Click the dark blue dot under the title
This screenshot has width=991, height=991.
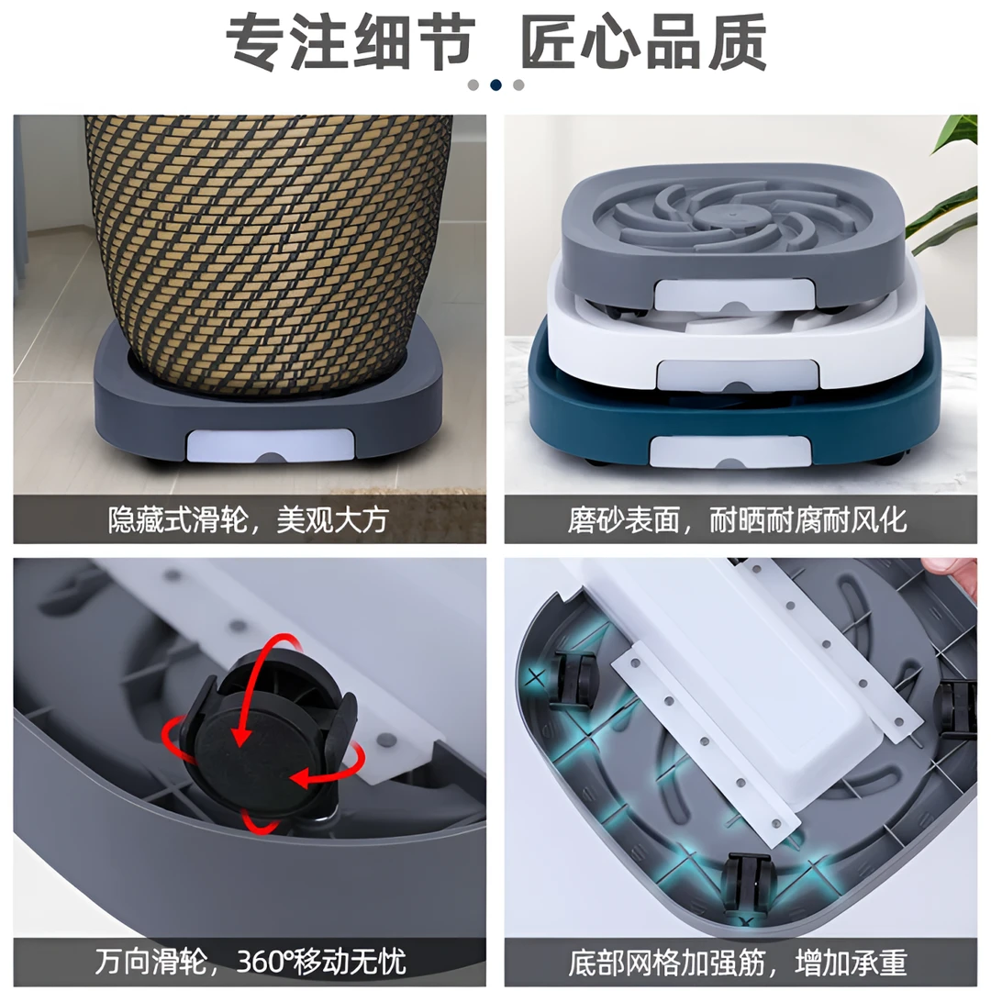(x=496, y=84)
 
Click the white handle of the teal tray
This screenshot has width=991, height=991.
(x=730, y=451)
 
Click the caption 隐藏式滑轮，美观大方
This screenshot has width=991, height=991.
(x=248, y=520)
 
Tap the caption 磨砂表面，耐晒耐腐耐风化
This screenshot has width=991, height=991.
(x=738, y=520)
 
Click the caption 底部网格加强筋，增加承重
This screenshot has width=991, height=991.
(x=738, y=963)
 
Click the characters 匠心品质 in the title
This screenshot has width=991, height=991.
(x=642, y=43)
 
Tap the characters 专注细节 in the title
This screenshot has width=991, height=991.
(x=350, y=43)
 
